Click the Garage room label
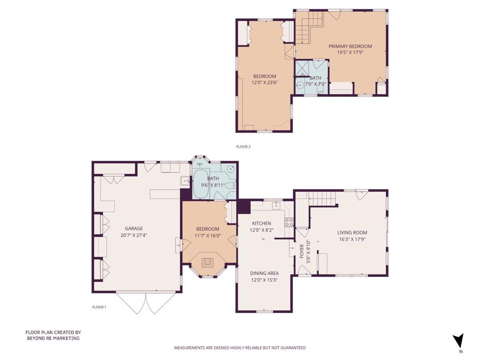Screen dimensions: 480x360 click(x=134, y=229)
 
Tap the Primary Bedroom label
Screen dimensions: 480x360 click(x=350, y=46)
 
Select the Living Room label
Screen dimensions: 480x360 click(x=352, y=232)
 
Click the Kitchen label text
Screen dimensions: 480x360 click(x=262, y=224)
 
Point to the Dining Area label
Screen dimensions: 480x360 click(x=264, y=273)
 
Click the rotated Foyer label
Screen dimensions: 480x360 click(x=302, y=251)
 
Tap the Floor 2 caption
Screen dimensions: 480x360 click(x=243, y=147)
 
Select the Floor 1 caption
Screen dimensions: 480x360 click(x=99, y=307)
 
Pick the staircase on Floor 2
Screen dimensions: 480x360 click(x=309, y=28)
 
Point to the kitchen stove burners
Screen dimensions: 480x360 click(x=289, y=222)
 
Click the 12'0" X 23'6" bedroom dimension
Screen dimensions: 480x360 click(x=265, y=82)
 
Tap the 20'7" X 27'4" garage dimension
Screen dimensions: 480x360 click(x=134, y=235)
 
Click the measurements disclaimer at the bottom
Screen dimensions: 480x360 click(x=240, y=348)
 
